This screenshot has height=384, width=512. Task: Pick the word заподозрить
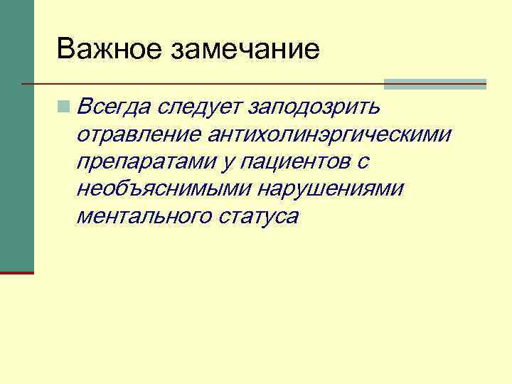(316, 108)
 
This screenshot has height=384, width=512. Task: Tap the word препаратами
(146, 162)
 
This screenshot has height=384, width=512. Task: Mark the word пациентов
(296, 162)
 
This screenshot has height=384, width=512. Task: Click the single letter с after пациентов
(363, 162)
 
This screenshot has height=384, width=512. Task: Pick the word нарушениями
(331, 189)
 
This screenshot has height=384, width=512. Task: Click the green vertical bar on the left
(16, 135)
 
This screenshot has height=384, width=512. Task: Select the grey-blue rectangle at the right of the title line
(434, 84)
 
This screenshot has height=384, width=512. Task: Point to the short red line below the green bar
(16, 272)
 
